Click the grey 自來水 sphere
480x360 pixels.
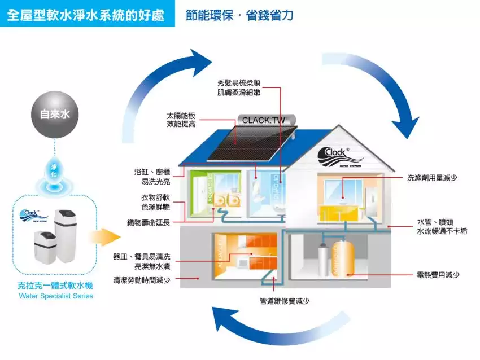pyautogui.click(x=54, y=115)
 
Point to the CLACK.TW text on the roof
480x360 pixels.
pyautogui.click(x=264, y=120)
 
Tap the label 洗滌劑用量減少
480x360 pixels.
pyautogui.click(x=432, y=178)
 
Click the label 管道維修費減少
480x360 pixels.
pyautogui.click(x=284, y=301)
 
